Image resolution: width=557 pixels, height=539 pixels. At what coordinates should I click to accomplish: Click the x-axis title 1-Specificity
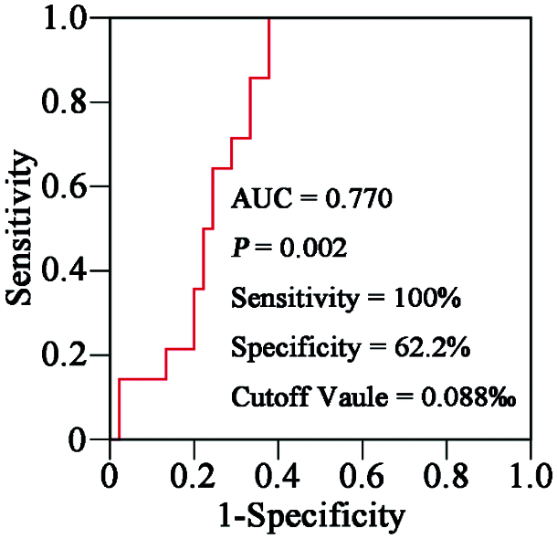pyautogui.click(x=310, y=515)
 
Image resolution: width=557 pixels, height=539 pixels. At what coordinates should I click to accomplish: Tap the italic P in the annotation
pyautogui.click(x=239, y=248)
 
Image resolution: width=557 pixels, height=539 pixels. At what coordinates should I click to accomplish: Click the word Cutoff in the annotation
pyautogui.click(x=265, y=398)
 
